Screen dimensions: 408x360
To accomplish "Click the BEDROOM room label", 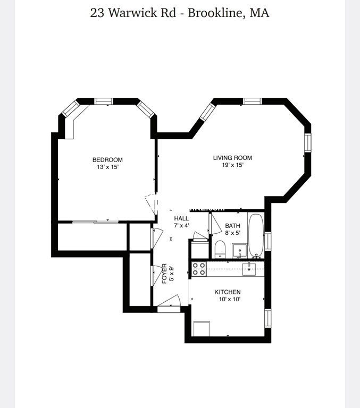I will coord(107,160).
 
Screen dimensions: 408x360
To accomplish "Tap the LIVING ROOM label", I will coord(232,158).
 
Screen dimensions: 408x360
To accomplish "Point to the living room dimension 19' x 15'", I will coord(232,165).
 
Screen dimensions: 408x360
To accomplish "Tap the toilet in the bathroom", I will coord(220,249).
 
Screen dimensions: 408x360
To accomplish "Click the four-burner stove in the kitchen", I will coord(199,269).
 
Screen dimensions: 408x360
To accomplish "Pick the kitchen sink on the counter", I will coord(250,269).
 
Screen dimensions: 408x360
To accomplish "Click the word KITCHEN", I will coord(228,292).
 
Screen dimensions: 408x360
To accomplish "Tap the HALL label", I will coord(181,218).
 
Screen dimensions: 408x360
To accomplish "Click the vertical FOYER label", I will coord(165,273).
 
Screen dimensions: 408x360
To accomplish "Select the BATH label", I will coord(232,226).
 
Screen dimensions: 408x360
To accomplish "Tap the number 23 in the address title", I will coord(97,13).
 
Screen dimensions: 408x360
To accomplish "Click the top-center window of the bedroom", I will coord(103,101).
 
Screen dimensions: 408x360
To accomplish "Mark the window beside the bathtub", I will coord(268,241).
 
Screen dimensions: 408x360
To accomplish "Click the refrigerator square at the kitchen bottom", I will coord(201,328).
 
